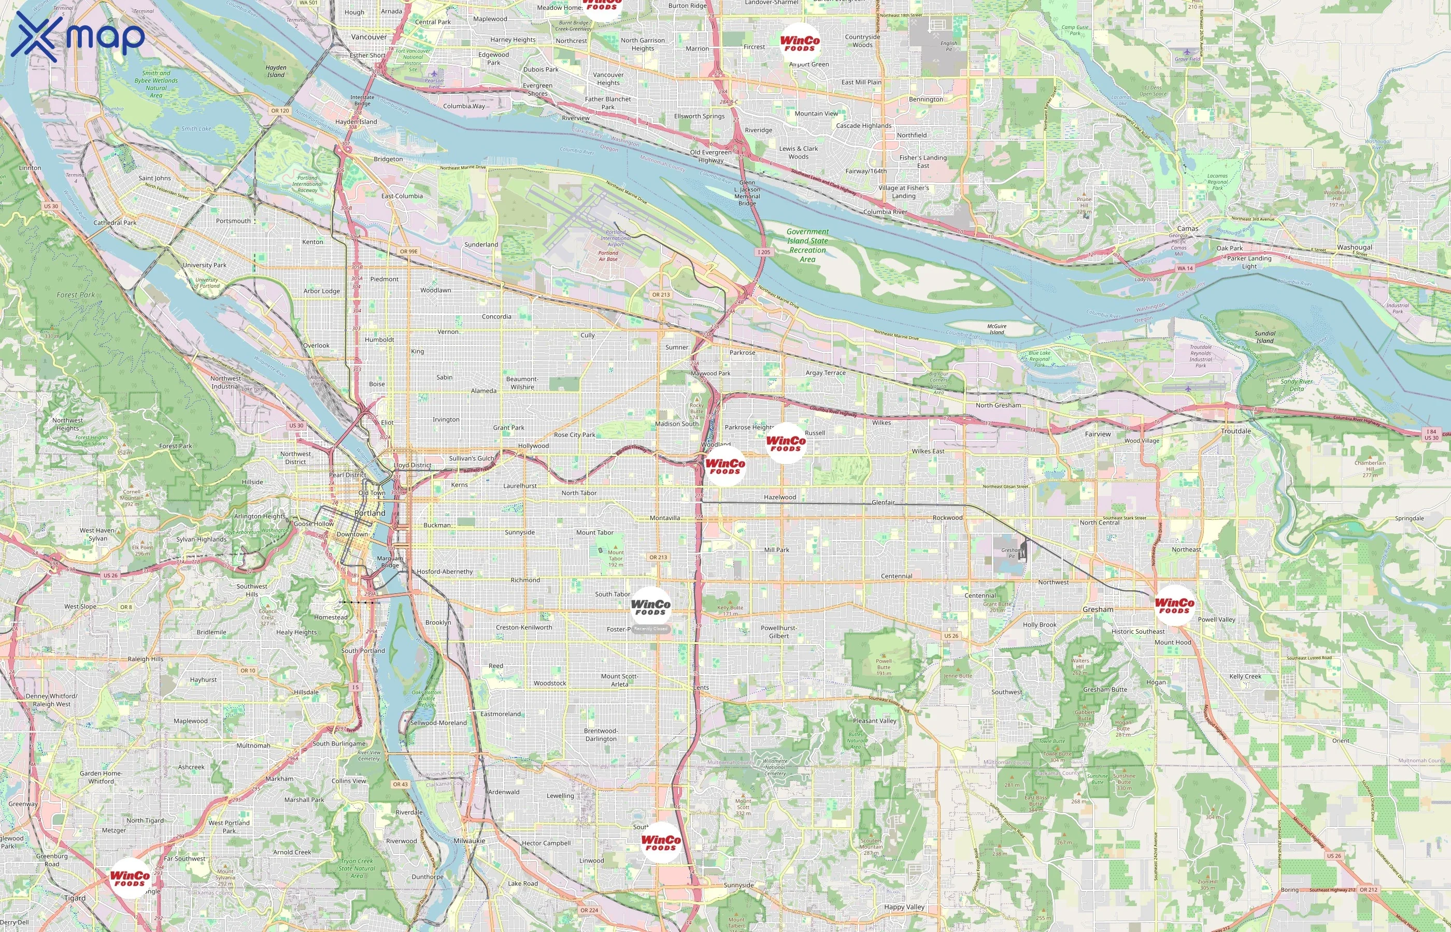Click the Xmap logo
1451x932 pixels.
[78, 36]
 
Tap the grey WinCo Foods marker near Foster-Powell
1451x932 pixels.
[650, 606]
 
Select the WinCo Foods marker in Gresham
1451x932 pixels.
[1174, 605]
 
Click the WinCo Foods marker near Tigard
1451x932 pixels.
[130, 878]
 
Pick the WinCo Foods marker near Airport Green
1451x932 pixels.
[800, 43]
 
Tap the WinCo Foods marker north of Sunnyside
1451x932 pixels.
[661, 842]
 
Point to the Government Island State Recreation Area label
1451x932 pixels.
[807, 245]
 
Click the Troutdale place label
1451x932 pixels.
[1236, 431]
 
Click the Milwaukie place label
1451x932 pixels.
[470, 841]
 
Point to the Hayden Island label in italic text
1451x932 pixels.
[276, 71]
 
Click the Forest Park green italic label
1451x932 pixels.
[76, 295]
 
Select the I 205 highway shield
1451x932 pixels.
[764, 252]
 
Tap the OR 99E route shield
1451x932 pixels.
[408, 251]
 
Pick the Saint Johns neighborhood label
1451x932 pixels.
[154, 178]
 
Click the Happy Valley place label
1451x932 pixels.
[904, 907]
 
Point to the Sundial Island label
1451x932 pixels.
[1264, 337]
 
